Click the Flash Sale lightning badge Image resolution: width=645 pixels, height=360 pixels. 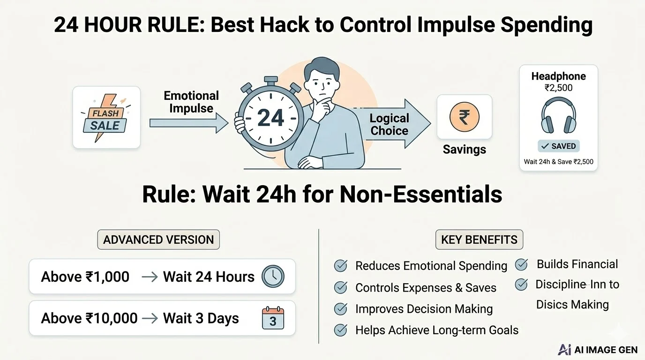(106, 118)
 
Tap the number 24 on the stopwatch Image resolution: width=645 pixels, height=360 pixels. (270, 118)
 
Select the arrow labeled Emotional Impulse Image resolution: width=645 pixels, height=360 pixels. (188, 123)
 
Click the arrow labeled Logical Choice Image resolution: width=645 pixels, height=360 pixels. (391, 124)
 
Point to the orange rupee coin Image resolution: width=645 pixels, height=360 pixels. (464, 117)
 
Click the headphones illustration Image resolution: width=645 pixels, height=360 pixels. (558, 117)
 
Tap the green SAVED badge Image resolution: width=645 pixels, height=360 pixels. (558, 146)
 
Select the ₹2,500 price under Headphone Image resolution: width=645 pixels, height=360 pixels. (558, 88)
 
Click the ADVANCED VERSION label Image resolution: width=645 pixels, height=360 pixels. (158, 240)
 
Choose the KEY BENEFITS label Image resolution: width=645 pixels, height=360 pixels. (479, 240)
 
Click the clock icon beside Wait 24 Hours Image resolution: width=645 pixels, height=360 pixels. (272, 276)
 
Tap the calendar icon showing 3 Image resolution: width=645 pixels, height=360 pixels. (272, 318)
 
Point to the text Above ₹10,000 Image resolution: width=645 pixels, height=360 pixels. (89, 318)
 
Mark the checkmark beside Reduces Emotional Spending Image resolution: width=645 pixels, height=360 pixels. (340, 266)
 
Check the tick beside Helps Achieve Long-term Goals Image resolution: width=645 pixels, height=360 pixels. (340, 330)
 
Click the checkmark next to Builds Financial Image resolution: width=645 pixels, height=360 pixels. (521, 264)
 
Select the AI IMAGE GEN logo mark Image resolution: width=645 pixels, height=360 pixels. (565, 350)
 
